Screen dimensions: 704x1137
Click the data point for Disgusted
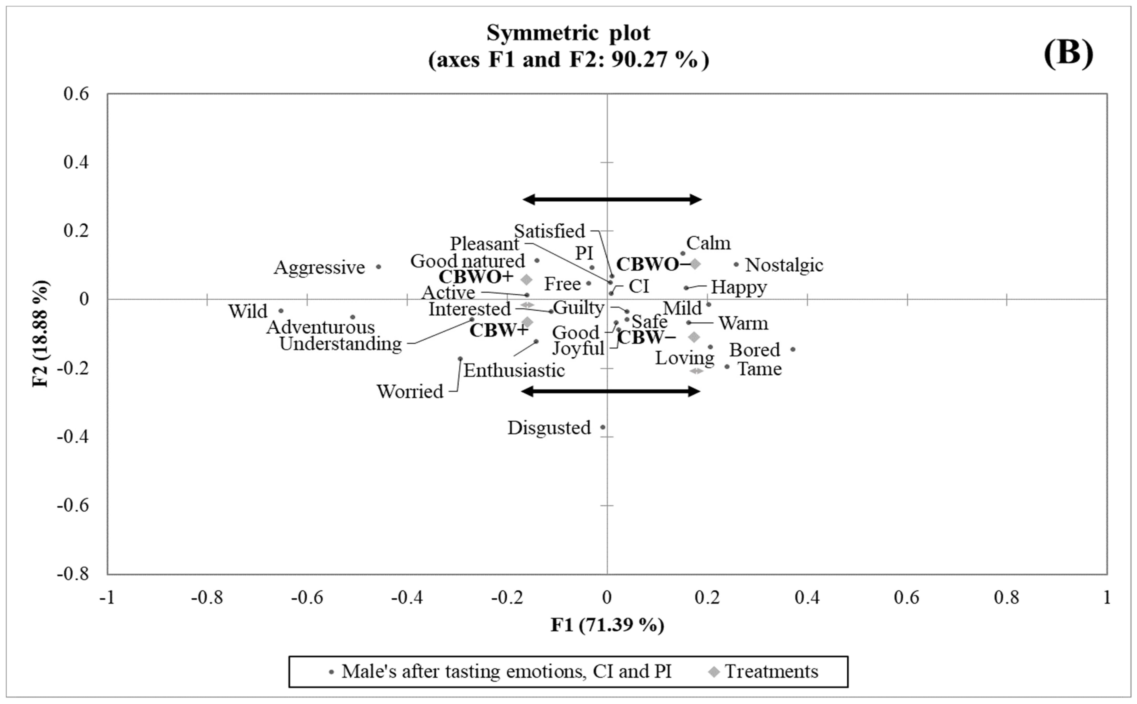(602, 427)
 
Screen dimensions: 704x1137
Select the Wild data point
(281, 311)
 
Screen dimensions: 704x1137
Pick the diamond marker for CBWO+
(526, 279)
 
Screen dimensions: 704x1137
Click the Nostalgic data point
(736, 264)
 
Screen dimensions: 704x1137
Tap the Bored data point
(793, 349)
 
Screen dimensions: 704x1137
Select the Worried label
(409, 392)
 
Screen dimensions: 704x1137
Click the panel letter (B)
(1068, 53)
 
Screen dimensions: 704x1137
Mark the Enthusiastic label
(514, 371)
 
